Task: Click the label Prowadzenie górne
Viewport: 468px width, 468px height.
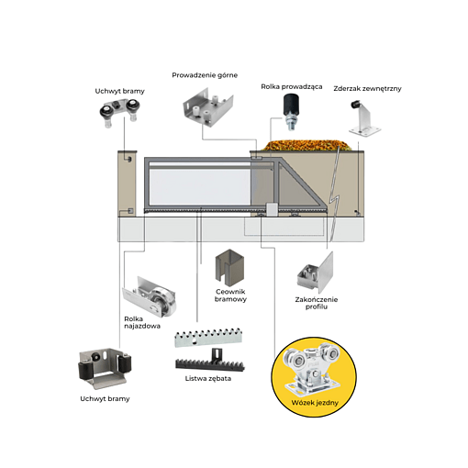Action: (205, 75)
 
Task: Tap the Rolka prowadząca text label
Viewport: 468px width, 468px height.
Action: (292, 87)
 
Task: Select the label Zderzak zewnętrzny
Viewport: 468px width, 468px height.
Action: (367, 89)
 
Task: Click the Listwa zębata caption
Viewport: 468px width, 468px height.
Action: (208, 379)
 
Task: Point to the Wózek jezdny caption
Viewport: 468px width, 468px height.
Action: (315, 403)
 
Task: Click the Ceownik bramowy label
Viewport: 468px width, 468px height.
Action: (230, 295)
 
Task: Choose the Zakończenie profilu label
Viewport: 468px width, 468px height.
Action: (317, 303)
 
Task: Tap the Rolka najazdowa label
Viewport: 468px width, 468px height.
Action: (142, 323)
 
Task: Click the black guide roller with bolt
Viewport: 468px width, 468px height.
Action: (292, 112)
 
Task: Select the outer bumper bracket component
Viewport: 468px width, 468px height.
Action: (364, 117)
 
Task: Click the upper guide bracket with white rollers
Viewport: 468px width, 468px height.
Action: (208, 106)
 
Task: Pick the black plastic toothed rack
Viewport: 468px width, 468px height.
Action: (210, 360)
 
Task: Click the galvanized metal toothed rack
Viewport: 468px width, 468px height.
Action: (208, 338)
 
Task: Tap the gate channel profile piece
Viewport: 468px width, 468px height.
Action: (229, 265)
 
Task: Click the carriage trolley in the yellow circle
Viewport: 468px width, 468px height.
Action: (312, 371)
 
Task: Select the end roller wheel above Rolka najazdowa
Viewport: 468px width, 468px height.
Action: (150, 298)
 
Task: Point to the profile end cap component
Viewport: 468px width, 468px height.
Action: (315, 273)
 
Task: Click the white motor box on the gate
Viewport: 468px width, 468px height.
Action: (272, 209)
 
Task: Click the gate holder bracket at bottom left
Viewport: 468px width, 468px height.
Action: (104, 370)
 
